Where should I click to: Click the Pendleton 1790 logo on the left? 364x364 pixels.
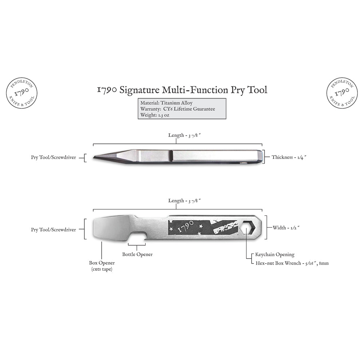(21, 93)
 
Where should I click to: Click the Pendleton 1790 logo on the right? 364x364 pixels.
(342, 93)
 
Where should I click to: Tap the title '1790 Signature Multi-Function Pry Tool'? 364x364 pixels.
(182, 90)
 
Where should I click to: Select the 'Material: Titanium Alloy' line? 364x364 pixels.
(166, 103)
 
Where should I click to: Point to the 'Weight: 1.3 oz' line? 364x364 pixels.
(155, 115)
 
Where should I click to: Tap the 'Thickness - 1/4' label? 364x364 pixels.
(289, 157)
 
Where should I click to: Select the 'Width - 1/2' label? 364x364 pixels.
(286, 228)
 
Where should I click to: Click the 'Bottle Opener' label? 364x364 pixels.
(138, 254)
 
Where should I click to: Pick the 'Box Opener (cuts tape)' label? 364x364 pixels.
(102, 266)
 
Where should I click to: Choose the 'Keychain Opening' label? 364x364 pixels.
(275, 254)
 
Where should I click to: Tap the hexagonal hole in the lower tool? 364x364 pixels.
(248, 228)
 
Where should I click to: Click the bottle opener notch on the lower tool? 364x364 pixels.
(137, 236)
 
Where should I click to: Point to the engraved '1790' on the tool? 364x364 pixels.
(186, 226)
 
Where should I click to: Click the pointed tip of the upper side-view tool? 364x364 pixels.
(94, 157)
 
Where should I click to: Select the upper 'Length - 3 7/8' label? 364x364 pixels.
(184, 135)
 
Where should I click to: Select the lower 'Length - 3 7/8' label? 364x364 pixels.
(184, 201)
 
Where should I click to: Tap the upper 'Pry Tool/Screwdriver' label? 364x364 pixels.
(54, 157)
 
